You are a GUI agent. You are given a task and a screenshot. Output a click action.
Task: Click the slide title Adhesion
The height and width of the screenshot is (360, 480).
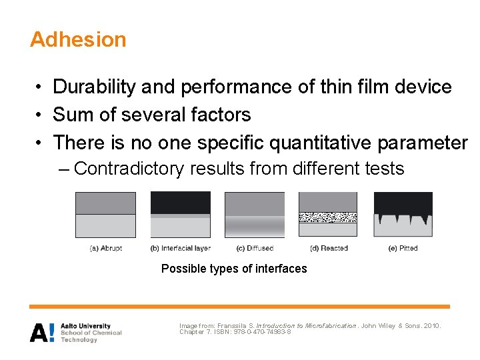pyautogui.click(x=78, y=39)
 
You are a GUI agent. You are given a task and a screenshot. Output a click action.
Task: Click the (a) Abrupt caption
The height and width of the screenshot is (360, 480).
pyautogui.click(x=106, y=248)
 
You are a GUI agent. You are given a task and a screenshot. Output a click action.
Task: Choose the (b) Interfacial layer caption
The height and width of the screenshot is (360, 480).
pyautogui.click(x=180, y=248)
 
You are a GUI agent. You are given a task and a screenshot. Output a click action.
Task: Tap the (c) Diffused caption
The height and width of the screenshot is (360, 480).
pyautogui.click(x=255, y=248)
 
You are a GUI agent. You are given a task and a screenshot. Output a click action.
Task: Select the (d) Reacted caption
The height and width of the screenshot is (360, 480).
pyautogui.click(x=329, y=248)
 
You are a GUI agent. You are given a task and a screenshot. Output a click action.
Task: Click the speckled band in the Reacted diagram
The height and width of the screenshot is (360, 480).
pyautogui.click(x=327, y=217)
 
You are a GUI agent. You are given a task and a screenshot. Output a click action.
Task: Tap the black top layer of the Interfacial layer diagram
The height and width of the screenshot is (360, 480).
pyautogui.click(x=180, y=202)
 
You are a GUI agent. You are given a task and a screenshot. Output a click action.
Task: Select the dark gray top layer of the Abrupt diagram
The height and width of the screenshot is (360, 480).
pyautogui.click(x=105, y=203)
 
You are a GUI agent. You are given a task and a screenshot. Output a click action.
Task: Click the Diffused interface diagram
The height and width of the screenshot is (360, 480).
pyautogui.click(x=254, y=215)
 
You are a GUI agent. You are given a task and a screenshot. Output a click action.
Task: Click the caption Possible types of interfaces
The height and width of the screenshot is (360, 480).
pyautogui.click(x=234, y=269)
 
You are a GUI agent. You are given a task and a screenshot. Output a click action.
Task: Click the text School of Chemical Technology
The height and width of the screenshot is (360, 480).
pyautogui.click(x=91, y=336)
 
